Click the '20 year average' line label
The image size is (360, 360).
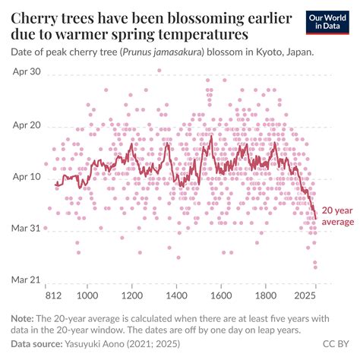point(338,216)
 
